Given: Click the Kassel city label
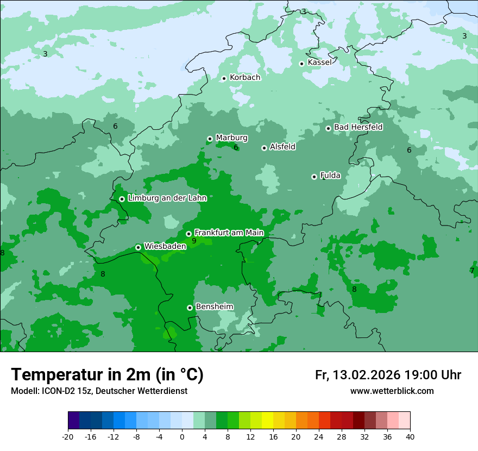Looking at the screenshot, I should point(319,62).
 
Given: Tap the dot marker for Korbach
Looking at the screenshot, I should point(224,78).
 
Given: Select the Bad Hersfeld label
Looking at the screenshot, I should point(358,127).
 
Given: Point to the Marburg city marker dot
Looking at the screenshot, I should point(210,139).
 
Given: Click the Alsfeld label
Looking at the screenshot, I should point(282,147).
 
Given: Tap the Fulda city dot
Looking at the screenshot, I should point(314,177).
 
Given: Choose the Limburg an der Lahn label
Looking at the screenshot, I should point(167,198).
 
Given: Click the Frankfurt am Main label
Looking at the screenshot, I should point(229,233).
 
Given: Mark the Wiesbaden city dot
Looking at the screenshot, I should point(138,247).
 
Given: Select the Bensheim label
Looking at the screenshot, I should point(214,306).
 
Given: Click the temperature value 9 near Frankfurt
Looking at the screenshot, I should point(194,241).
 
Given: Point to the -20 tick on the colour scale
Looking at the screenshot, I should point(68,436).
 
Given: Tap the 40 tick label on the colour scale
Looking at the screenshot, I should point(410,436).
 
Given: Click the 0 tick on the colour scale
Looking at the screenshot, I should point(182,436).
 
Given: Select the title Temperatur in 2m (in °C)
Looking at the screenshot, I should point(107,374).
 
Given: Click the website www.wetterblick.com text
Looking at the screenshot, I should point(392,391).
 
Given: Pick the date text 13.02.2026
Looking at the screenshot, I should point(367,375).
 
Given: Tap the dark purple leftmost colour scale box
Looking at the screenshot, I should point(73,421).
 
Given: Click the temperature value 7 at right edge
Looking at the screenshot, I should point(472,271).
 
